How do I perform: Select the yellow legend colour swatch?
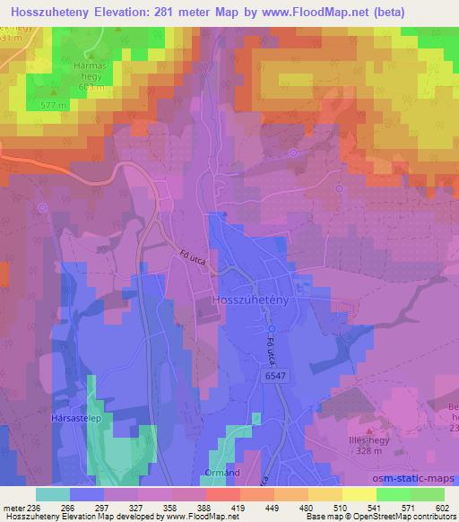click(359, 494)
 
